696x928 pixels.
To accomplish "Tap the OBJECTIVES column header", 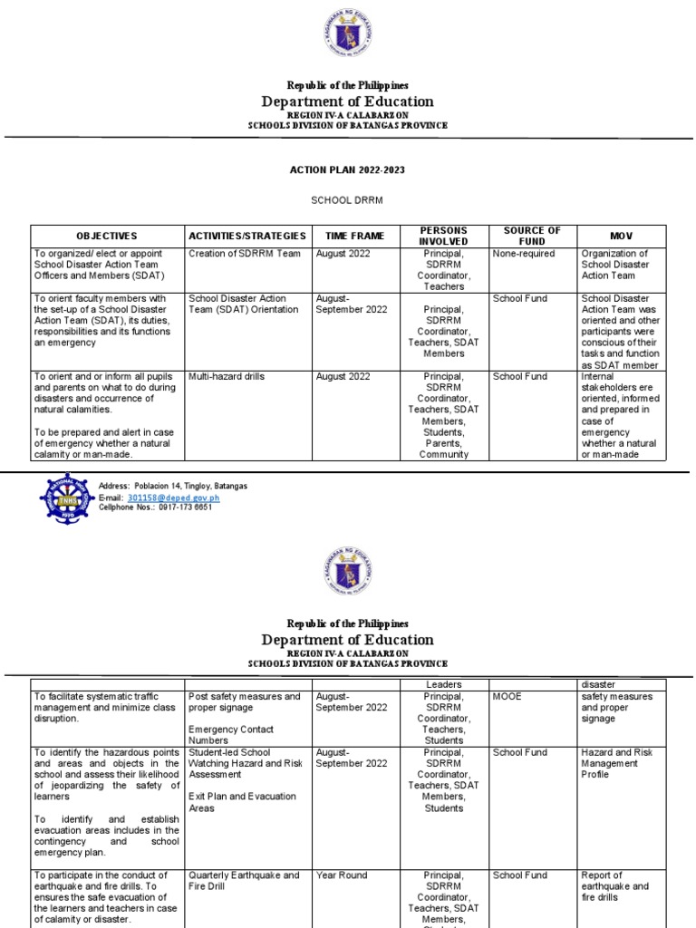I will [x=107, y=236].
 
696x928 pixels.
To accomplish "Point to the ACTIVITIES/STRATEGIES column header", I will [x=247, y=236].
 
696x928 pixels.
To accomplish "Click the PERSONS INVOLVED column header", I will [x=443, y=236].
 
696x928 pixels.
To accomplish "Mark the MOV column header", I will [x=621, y=236].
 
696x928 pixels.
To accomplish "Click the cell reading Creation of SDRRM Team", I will [x=244, y=254].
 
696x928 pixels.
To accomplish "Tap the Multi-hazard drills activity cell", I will [x=227, y=376].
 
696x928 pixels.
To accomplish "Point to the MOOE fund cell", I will [x=507, y=697].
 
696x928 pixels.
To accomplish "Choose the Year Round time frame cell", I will [x=342, y=875].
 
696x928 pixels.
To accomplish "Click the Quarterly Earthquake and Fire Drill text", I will [x=244, y=881].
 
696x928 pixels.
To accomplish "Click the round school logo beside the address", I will [x=68, y=498].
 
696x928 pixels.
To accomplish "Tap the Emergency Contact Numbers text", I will [x=231, y=734].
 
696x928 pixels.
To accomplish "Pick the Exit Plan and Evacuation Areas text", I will [x=242, y=801].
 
